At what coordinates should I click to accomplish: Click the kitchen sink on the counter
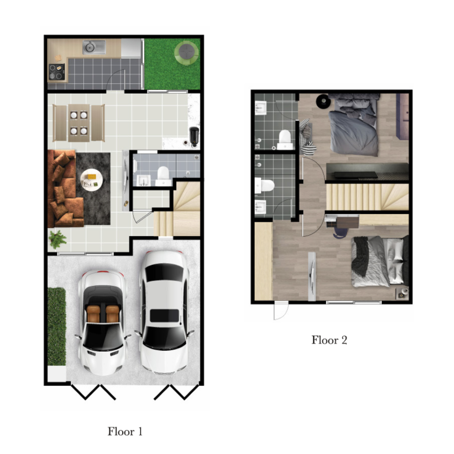(x=94, y=47)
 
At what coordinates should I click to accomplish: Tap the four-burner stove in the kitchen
(x=57, y=72)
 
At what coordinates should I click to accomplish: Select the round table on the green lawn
(x=187, y=53)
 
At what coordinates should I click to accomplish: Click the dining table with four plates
(x=79, y=123)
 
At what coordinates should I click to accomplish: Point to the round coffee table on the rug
(x=92, y=180)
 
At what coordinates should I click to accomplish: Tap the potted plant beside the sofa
(x=58, y=240)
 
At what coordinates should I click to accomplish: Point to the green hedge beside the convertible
(x=57, y=326)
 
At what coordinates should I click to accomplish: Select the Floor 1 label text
(x=125, y=431)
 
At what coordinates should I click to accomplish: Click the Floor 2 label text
(x=329, y=340)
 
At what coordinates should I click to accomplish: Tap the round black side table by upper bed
(x=323, y=101)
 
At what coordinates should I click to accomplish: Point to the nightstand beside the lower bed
(x=402, y=293)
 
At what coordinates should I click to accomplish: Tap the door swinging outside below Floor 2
(x=281, y=310)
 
